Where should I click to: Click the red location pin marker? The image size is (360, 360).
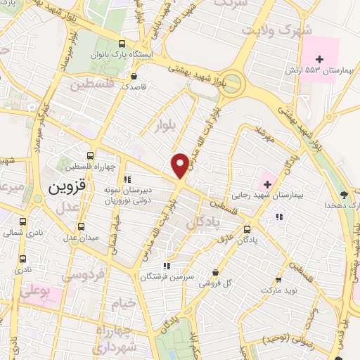(x=180, y=165)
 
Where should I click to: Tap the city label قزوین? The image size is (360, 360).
(x=66, y=188)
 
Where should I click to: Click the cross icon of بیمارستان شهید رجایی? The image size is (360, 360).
(x=267, y=174)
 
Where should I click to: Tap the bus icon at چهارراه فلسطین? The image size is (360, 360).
(x=89, y=155)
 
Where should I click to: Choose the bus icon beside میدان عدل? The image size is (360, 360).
(x=82, y=226)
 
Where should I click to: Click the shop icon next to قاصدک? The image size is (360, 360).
(x=134, y=77)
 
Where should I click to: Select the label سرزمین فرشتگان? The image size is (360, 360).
(x=167, y=278)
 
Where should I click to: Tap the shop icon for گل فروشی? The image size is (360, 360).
(x=214, y=273)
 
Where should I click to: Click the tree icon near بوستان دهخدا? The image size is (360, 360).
(x=343, y=195)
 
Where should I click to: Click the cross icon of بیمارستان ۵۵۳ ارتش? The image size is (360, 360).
(x=321, y=59)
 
